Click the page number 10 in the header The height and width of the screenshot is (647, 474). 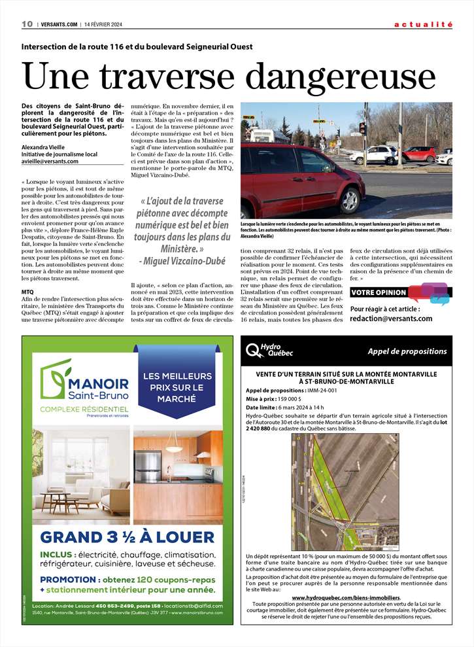click(27, 24)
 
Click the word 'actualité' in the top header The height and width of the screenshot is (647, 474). click(423, 24)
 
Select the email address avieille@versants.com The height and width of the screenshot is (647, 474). click(50, 161)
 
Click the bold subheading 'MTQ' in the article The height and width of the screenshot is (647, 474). click(27, 291)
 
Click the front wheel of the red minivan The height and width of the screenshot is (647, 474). click(352, 200)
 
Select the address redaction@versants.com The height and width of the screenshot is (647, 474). click(391, 319)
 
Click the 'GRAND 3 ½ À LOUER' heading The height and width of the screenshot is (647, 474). click(127, 537)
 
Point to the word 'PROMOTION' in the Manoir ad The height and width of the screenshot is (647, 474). click(67, 580)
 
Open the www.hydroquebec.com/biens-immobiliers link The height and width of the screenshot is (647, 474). click(346, 597)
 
